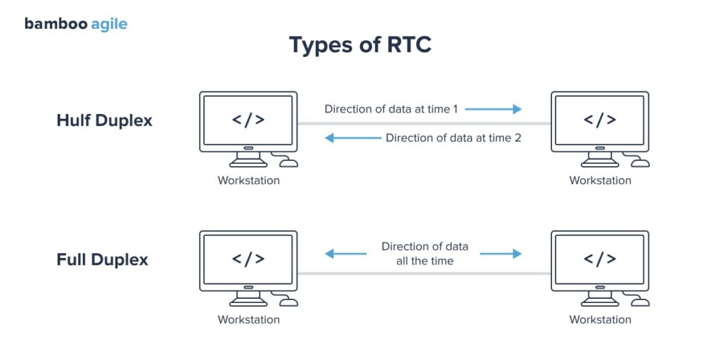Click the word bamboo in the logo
pos(56,24)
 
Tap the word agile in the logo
pos(109,25)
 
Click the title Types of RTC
pos(360,45)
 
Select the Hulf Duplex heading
pos(104,120)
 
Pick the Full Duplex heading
pos(102,259)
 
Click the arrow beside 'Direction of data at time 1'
pos(493,109)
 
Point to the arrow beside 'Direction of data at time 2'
pos(352,138)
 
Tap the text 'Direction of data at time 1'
pos(391,109)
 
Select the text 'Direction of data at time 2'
pos(454,138)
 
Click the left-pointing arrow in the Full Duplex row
pos(345,253)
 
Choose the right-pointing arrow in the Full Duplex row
pos(501,253)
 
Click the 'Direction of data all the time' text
pos(425,254)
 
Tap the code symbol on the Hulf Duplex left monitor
pos(248,120)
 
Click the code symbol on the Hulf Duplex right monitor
pos(600,120)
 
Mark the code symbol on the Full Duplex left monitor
pos(248,259)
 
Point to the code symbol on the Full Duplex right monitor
pos(600,259)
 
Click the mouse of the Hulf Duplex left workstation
pos(289,163)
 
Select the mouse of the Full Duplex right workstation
pos(641,302)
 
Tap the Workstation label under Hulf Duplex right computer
pos(600,181)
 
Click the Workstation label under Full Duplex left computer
pos(248,320)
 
